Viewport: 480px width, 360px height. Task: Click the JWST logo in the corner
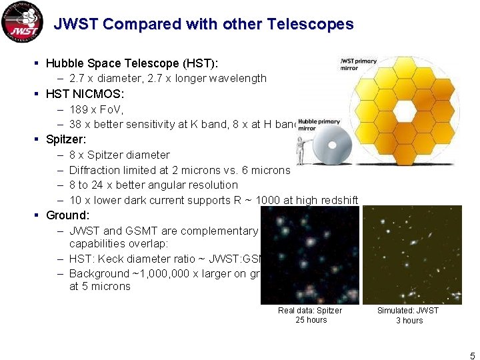tap(21, 22)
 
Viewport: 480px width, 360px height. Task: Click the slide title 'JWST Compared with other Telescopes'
tap(203, 25)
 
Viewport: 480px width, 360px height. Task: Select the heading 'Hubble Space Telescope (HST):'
tap(132, 63)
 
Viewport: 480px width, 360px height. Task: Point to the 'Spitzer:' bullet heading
tap(66, 139)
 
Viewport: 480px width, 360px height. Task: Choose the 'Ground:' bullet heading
tap(67, 215)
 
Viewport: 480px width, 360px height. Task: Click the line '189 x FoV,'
tap(97, 109)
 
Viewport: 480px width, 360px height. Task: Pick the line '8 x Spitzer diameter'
tap(119, 155)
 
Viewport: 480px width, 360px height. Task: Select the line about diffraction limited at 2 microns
tap(179, 170)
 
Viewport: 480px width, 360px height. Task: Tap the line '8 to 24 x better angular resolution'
tap(153, 185)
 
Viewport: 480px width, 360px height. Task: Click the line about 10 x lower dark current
tap(213, 200)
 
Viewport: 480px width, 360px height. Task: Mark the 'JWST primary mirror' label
tap(358, 64)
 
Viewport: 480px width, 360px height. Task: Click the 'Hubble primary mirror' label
tap(319, 125)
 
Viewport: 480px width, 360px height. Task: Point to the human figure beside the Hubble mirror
tap(301, 151)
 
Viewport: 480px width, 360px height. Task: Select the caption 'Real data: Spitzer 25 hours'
tap(310, 315)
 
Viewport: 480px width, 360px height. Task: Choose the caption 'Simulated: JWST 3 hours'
tap(408, 315)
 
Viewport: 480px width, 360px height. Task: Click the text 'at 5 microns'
tap(99, 287)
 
